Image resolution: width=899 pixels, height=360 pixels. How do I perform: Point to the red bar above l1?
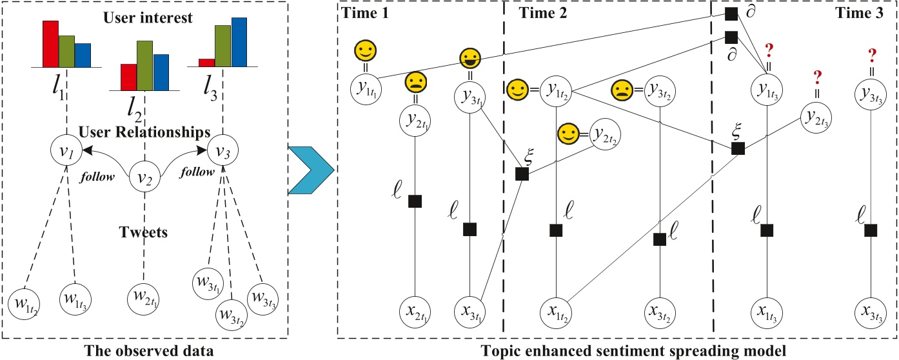(50, 44)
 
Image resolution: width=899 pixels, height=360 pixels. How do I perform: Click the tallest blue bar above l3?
(239, 42)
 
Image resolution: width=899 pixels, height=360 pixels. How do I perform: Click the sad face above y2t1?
(415, 84)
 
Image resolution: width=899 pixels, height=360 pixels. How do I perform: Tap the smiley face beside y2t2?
(568, 134)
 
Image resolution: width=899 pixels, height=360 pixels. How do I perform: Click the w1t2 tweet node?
(25, 304)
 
